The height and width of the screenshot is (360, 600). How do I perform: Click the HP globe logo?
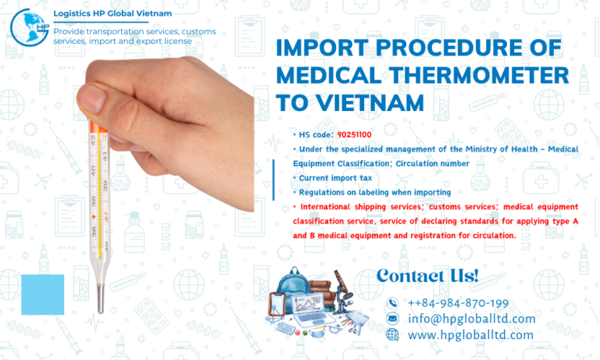coord(29,27)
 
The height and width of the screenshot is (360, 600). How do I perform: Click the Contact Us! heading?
coord(427,275)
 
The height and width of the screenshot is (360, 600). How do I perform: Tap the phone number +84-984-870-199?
coord(458,303)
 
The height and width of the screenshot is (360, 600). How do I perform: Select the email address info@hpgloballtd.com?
coord(471,319)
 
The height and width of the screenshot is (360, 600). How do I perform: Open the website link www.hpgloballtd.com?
coord(470,335)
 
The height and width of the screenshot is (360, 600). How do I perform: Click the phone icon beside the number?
coord(393,303)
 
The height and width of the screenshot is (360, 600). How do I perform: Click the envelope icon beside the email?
coord(393,319)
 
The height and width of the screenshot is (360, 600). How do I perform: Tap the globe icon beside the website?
coord(393,335)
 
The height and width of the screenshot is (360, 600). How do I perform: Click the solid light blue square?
coord(42,294)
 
